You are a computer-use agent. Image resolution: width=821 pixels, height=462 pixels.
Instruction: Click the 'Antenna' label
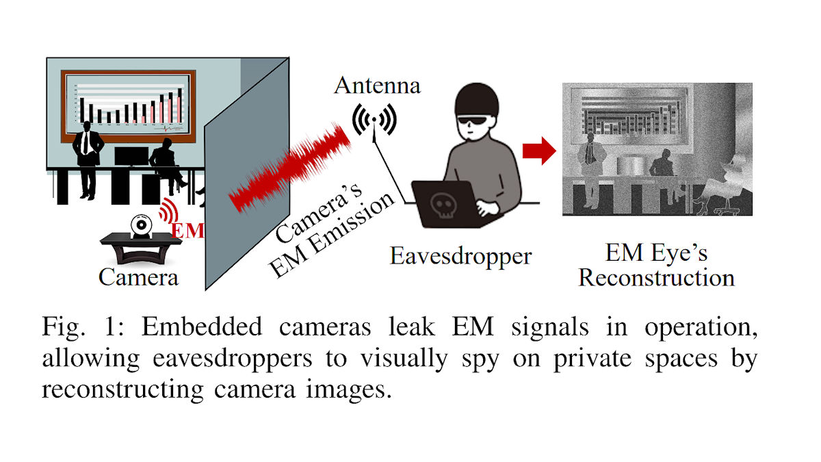pyautogui.click(x=377, y=87)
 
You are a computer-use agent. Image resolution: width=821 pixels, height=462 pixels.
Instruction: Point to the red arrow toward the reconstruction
pyautogui.click(x=539, y=151)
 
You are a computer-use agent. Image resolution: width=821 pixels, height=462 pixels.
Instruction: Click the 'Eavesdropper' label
pyautogui.click(x=460, y=257)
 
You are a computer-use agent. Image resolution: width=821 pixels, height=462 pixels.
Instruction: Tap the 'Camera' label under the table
pyautogui.click(x=138, y=277)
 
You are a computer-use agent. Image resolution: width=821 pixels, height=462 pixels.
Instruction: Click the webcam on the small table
pyautogui.click(x=142, y=224)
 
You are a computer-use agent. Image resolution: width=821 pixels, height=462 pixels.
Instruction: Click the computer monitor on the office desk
pyautogui.click(x=131, y=156)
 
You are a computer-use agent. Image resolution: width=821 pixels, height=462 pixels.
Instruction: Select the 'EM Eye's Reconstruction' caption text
pyautogui.click(x=656, y=266)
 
